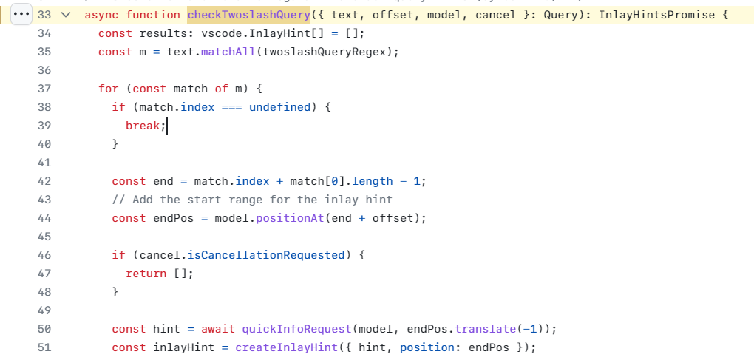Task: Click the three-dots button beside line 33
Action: click(21, 15)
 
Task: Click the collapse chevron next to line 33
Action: click(66, 15)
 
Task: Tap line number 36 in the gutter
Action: click(44, 70)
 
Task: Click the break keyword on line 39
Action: click(143, 126)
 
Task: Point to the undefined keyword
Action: click(280, 107)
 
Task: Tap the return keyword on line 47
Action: click(146, 274)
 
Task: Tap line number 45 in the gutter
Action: click(44, 237)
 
